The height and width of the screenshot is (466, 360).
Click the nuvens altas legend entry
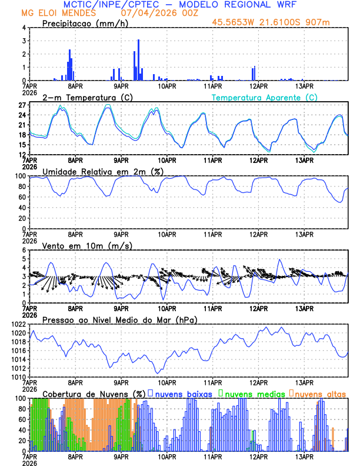coord(318,393)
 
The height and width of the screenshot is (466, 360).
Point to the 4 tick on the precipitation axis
coord(24,28)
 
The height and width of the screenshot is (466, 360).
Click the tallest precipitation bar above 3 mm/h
coord(138,59)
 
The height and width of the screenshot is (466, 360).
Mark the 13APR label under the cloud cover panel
coord(304,457)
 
